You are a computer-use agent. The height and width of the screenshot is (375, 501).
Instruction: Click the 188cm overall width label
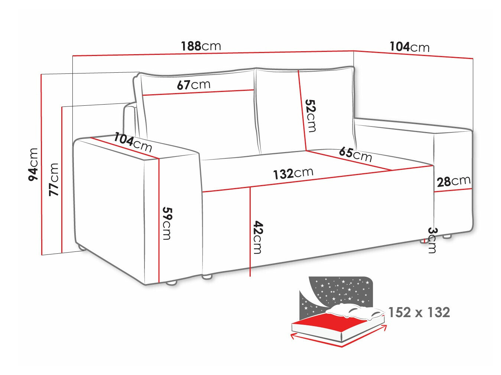(x=201, y=46)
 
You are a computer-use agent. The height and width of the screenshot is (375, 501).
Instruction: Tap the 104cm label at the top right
(x=409, y=47)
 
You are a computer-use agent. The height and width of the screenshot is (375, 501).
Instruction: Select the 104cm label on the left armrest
(x=133, y=142)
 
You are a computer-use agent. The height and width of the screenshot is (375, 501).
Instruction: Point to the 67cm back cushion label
(x=193, y=85)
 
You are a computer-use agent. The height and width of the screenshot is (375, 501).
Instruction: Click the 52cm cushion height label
(x=310, y=115)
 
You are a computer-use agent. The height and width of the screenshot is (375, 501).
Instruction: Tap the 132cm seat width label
(x=293, y=173)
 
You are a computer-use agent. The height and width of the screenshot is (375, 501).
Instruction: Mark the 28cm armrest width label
(x=453, y=181)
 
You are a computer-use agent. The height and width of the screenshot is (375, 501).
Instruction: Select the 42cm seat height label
(x=257, y=237)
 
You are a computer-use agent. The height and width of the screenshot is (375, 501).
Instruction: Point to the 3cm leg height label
(x=432, y=240)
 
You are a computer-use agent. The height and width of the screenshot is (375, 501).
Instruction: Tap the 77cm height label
(x=54, y=179)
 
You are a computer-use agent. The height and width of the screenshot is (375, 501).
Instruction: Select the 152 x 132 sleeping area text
(x=419, y=312)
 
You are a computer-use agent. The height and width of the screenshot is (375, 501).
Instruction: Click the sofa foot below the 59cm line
(x=171, y=283)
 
